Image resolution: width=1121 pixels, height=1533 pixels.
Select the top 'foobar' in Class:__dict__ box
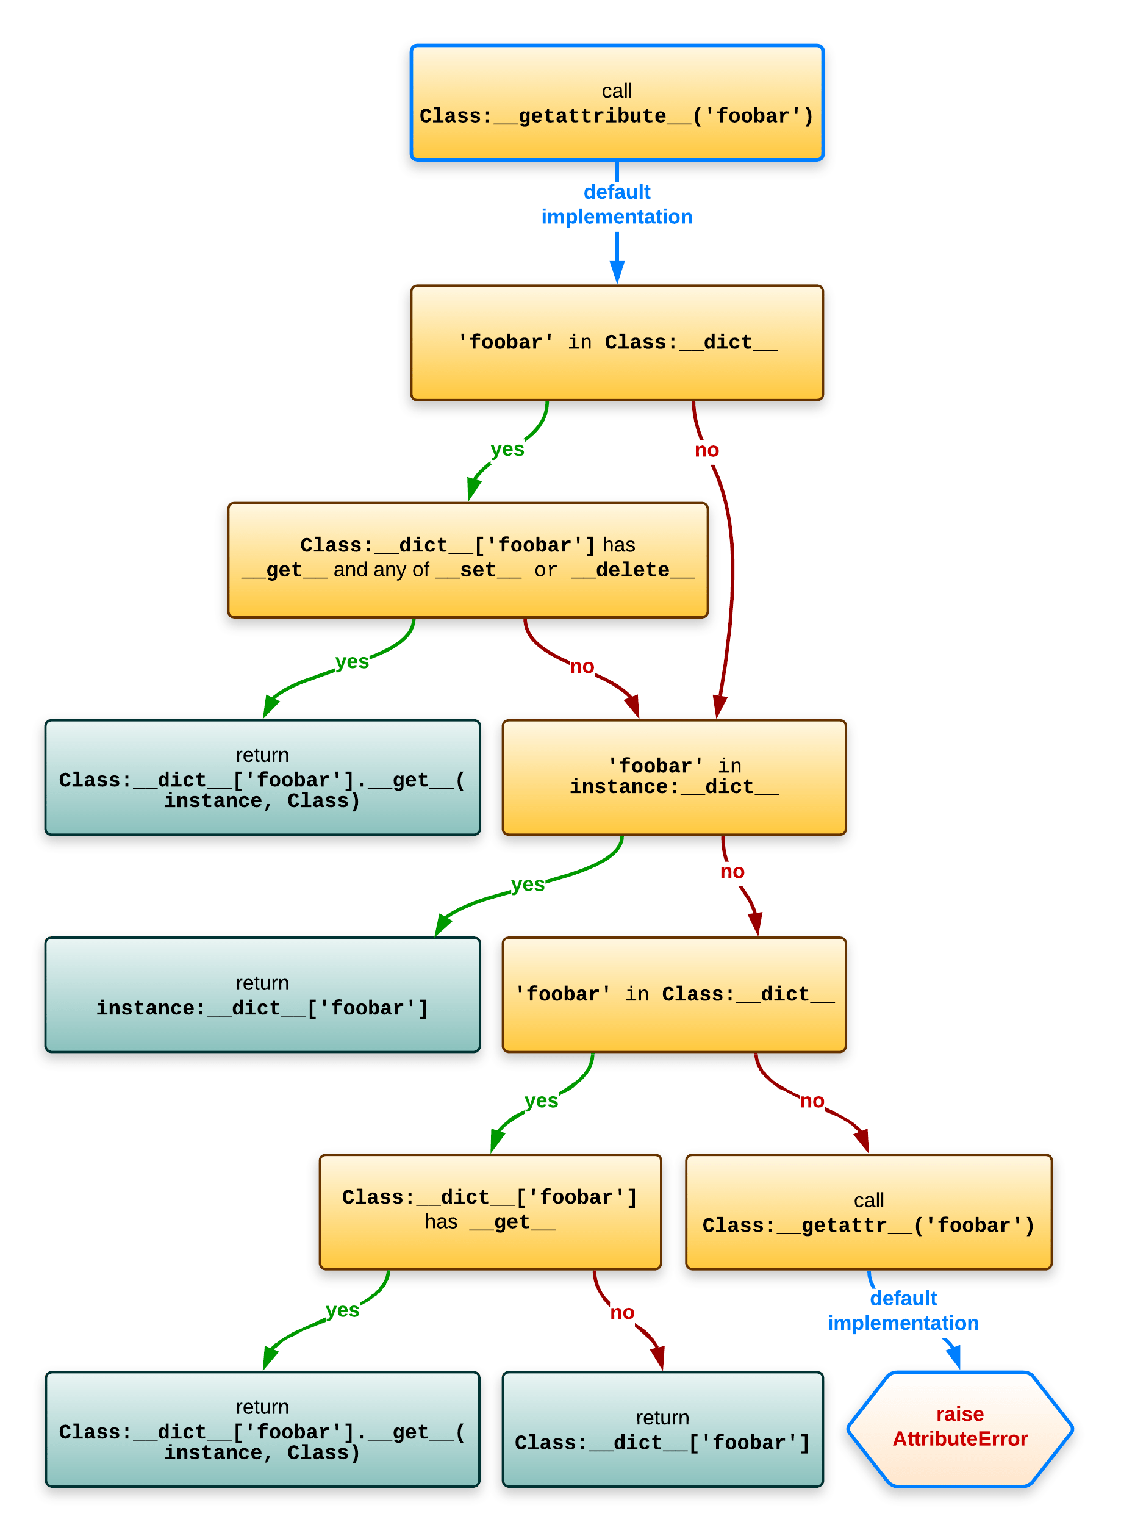[616, 342]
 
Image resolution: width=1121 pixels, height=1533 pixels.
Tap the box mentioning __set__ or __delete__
[468, 559]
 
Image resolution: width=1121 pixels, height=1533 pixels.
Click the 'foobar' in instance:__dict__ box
[673, 777]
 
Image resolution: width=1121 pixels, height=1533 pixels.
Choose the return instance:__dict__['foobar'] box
[262, 994]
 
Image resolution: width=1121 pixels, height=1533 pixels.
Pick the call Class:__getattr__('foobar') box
[868, 1212]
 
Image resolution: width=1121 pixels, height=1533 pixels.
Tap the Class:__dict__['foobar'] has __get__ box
[489, 1212]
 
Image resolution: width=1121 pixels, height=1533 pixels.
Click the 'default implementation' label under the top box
[616, 204]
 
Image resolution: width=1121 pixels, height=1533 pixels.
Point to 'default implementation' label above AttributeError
[903, 1310]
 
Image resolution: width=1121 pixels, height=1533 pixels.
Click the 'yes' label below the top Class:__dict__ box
[507, 449]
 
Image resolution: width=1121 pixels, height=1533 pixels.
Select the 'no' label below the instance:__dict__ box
[731, 871]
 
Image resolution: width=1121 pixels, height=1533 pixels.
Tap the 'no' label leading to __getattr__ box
[812, 1100]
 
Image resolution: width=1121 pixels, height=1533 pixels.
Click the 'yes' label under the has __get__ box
[342, 1310]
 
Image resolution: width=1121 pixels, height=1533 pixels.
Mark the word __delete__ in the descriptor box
[632, 570]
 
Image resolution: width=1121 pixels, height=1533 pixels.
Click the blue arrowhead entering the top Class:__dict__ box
[617, 271]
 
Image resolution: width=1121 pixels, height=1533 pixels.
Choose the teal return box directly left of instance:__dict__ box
[262, 777]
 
